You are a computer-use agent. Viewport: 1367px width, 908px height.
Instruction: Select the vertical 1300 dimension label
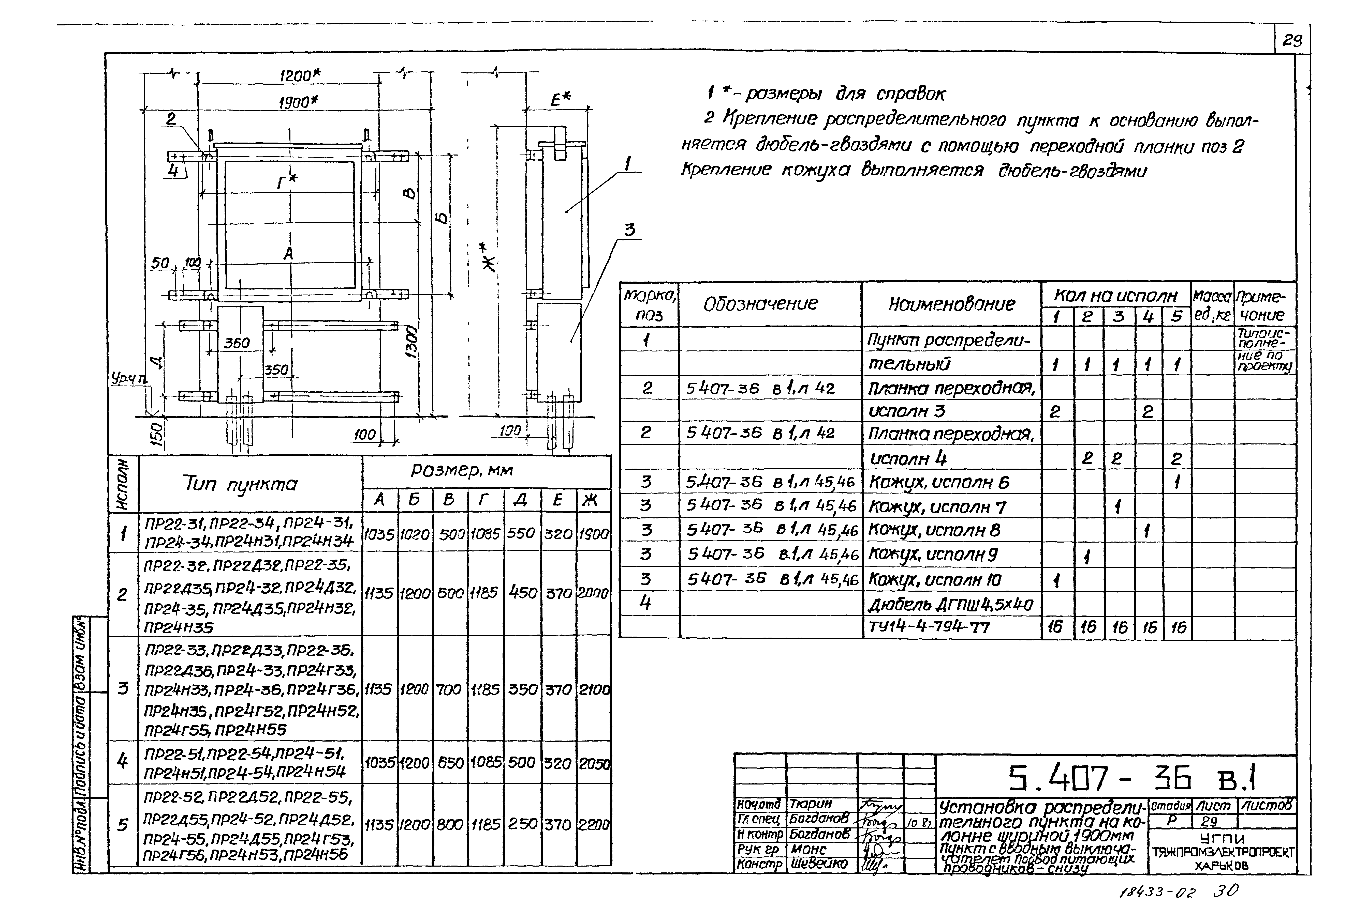(411, 343)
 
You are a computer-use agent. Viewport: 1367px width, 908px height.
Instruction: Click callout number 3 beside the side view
(629, 230)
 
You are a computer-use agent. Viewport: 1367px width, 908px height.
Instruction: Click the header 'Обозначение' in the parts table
(760, 303)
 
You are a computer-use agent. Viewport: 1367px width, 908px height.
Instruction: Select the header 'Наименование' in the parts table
(951, 303)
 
